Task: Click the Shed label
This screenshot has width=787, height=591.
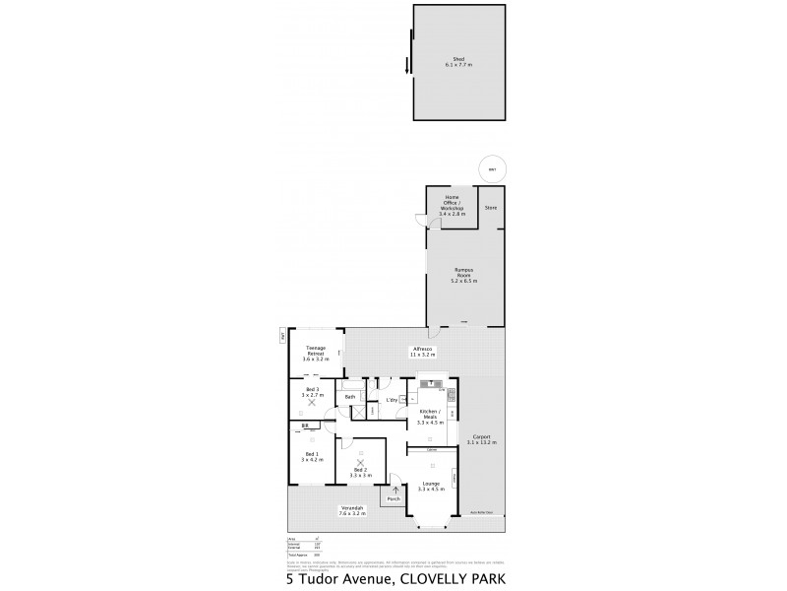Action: pyautogui.click(x=458, y=59)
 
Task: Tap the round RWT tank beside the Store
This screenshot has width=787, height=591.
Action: pyautogui.click(x=492, y=169)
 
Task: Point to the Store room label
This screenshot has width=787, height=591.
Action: pyautogui.click(x=491, y=208)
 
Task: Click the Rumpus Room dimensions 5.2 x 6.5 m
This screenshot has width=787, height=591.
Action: pyautogui.click(x=464, y=281)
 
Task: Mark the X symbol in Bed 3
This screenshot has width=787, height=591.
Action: pyautogui.click(x=313, y=402)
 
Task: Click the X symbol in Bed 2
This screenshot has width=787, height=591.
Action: pyautogui.click(x=360, y=462)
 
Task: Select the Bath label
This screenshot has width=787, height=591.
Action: pyautogui.click(x=349, y=397)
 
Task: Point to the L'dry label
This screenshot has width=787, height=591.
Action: pyautogui.click(x=392, y=399)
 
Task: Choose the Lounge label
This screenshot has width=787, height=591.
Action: pyautogui.click(x=430, y=482)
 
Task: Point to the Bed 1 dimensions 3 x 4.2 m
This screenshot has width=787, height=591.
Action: pyautogui.click(x=313, y=459)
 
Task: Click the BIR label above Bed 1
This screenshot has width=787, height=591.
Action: pyautogui.click(x=305, y=425)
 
